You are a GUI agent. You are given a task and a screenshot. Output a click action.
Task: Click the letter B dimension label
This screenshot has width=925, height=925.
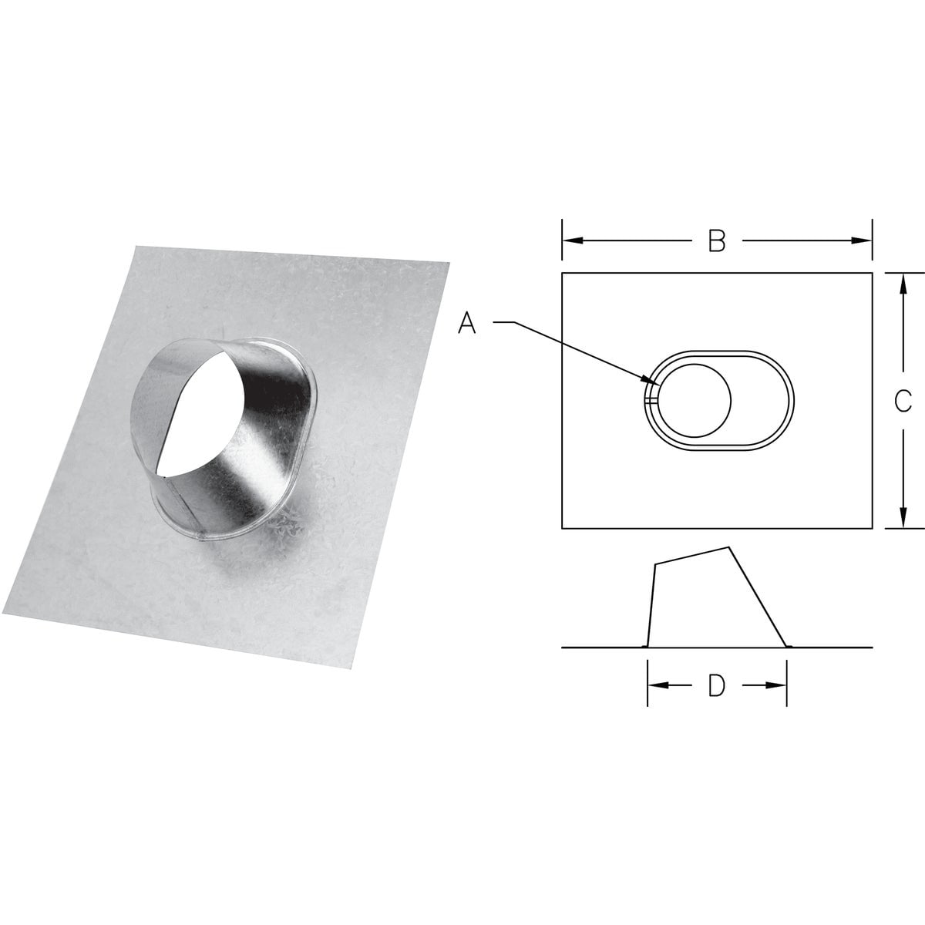click(717, 241)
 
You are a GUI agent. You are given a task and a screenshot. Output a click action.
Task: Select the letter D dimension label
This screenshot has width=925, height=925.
click(717, 685)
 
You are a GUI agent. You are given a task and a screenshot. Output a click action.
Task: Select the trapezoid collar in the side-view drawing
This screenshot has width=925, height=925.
click(709, 601)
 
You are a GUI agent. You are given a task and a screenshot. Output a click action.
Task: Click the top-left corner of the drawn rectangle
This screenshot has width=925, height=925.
click(563, 273)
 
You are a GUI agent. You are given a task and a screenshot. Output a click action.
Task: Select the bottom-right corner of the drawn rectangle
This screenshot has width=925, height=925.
click(872, 528)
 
